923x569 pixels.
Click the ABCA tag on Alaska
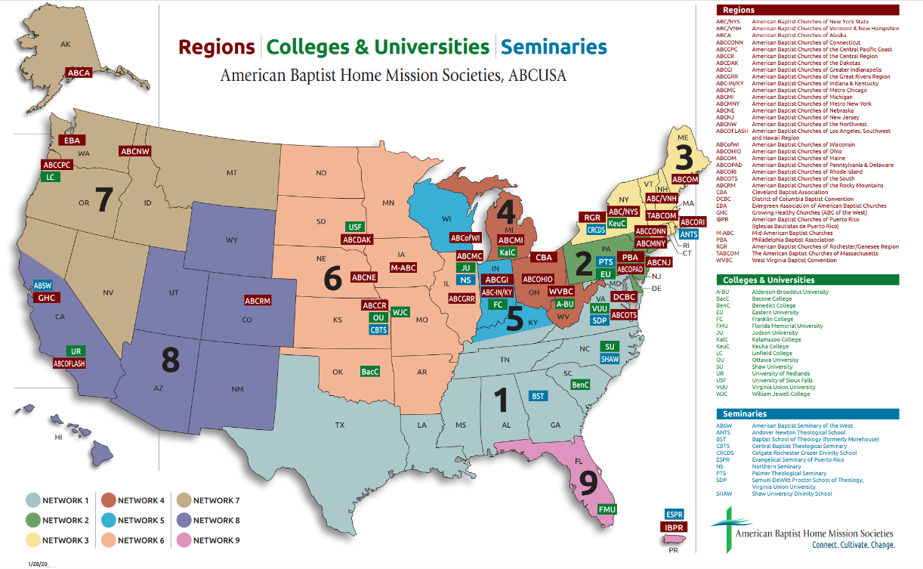tap(79, 73)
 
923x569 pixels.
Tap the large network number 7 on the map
tap(103, 200)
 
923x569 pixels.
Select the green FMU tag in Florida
tap(607, 509)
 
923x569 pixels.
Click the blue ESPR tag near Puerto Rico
tap(674, 514)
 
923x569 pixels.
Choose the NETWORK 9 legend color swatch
tap(182, 540)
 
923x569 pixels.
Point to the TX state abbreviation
tap(340, 425)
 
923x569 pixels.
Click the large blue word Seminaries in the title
tap(554, 47)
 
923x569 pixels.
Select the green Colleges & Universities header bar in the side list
tap(807, 280)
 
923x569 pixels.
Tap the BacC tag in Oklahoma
tap(370, 372)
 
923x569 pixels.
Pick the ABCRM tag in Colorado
tap(258, 301)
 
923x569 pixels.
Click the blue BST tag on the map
tap(538, 396)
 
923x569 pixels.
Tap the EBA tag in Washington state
tap(72, 140)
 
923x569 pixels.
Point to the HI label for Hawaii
tap(57, 438)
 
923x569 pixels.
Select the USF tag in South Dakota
tap(355, 227)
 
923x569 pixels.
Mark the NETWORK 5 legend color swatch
tap(106, 521)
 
